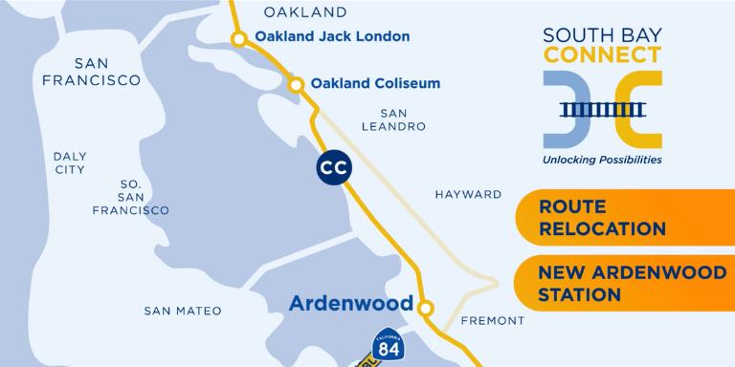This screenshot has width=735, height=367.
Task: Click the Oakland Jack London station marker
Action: coord(238,38)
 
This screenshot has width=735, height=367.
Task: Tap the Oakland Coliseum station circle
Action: coord(297,85)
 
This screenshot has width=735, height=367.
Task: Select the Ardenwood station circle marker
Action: coord(426,308)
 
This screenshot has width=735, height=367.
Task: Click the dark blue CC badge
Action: coord(334,168)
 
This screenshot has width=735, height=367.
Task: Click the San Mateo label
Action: coord(183,311)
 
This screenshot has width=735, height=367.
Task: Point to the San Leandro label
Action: coord(395,119)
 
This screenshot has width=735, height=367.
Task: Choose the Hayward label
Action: coord(468,194)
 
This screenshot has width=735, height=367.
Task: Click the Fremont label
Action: coord(492,321)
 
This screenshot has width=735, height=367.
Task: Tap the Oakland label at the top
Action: coord(304,12)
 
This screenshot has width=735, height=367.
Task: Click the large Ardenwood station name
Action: coord(352,304)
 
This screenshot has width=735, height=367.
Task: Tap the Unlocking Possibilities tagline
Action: coord(602,160)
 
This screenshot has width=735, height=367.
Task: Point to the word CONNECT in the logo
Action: coord(602,55)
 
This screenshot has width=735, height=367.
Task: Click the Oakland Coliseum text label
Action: coord(375,83)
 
